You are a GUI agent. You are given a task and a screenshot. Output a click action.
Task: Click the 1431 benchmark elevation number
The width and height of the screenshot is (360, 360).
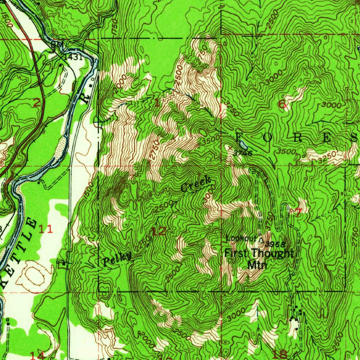pyautogui.click(x=73, y=56)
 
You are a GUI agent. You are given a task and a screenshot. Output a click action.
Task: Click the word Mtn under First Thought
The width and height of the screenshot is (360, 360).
pyautogui.click(x=257, y=264)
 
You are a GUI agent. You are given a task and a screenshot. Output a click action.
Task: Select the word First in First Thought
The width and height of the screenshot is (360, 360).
pyautogui.click(x=237, y=253)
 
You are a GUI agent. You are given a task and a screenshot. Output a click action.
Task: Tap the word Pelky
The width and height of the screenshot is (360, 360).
pyautogui.click(x=117, y=259)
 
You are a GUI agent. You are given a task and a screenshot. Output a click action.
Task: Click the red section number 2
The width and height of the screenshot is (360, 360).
pyautogui.click(x=37, y=103)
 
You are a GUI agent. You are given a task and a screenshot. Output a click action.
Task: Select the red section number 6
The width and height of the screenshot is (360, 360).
pyautogui.click(x=282, y=104)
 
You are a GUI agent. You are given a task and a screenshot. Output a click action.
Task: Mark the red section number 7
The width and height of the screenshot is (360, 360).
pyautogui.click(x=299, y=212)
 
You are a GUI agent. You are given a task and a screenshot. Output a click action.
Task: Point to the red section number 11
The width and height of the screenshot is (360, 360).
pyautogui.click(x=46, y=229)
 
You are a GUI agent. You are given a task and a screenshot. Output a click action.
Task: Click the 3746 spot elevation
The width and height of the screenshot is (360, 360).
pyautogui.click(x=243, y=153)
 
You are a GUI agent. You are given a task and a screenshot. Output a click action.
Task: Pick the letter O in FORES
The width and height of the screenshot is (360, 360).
pyautogui.click(x=266, y=137)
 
